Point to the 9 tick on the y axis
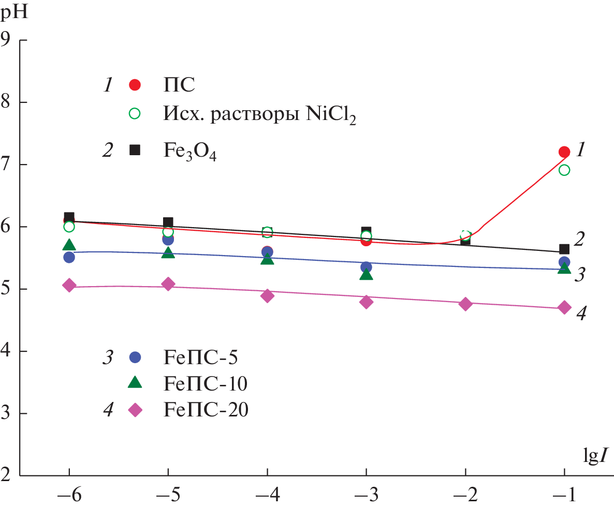pyautogui.click(x=8, y=39)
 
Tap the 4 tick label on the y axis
pyautogui.click(x=8, y=351)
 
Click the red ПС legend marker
pyautogui.click(x=135, y=85)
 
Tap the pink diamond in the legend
pyautogui.click(x=135, y=410)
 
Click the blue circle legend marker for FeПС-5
pyautogui.click(x=135, y=357)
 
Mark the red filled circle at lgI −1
pyautogui.click(x=564, y=152)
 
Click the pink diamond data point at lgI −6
pyautogui.click(x=69, y=286)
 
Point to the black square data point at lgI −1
pyautogui.click(x=564, y=249)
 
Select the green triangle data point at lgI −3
pyautogui.click(x=366, y=274)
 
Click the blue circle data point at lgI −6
pyautogui.click(x=69, y=257)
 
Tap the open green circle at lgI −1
pyautogui.click(x=564, y=170)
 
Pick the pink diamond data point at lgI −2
pyautogui.click(x=465, y=304)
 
